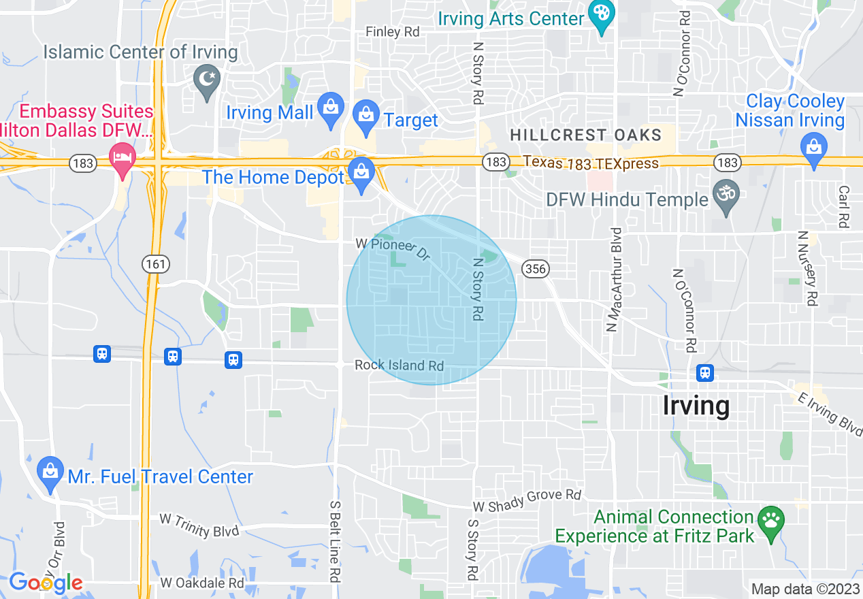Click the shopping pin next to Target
pyautogui.click(x=366, y=116)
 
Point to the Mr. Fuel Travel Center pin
pyautogui.click(x=50, y=474)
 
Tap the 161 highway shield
pyautogui.click(x=156, y=263)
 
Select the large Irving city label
pyautogui.click(x=696, y=406)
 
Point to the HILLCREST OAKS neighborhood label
pyautogui.click(x=585, y=135)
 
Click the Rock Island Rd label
pyautogui.click(x=399, y=366)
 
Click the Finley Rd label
pyautogui.click(x=393, y=31)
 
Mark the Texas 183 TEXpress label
pyautogui.click(x=591, y=163)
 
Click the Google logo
pyautogui.click(x=46, y=583)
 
